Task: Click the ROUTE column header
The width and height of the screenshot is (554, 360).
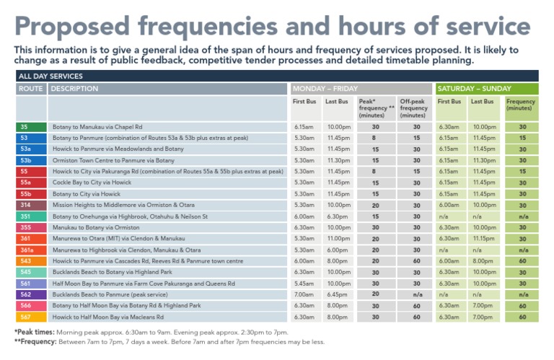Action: coord(32,89)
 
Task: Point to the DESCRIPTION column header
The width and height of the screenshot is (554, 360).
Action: coord(75,89)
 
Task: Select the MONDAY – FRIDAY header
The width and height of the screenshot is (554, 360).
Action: coord(325,89)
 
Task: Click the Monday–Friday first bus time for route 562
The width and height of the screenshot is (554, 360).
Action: coord(304,294)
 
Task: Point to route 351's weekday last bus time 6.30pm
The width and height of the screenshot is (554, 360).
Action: coord(336,216)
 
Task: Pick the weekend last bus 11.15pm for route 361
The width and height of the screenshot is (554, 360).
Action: coord(483,239)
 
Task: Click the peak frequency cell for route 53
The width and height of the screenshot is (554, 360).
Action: coord(375,138)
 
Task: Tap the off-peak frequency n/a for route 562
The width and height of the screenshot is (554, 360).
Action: coord(417,294)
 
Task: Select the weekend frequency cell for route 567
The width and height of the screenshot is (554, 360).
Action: coord(522,317)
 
